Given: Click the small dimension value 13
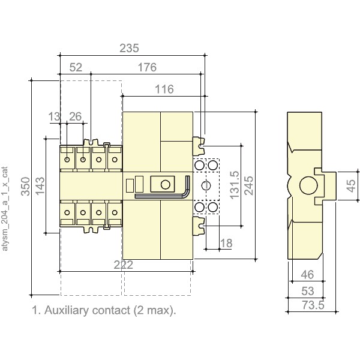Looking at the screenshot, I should coord(55,115).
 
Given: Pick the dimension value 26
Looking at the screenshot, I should coord(76,115).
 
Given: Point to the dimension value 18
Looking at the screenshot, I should coord(226,242).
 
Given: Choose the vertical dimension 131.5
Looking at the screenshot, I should coord(235,187).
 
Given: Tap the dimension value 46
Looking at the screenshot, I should coord(307,276).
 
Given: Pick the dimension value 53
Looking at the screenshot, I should coord(307,291).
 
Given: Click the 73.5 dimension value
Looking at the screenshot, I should coord(310,306).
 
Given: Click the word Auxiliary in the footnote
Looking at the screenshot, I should coord(66,311).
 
